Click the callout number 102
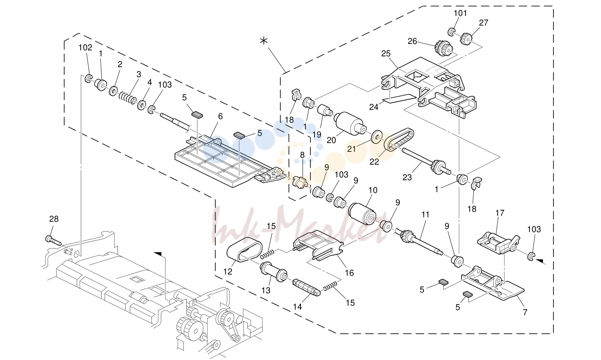click(86, 48)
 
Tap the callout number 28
click(54, 219)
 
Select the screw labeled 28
click(54, 240)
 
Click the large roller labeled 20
click(350, 124)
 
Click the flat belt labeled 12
click(245, 249)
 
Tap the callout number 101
click(460, 13)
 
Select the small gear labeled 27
click(467, 39)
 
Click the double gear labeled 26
click(443, 48)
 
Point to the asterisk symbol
click(264, 41)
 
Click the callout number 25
click(386, 54)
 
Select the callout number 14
click(298, 306)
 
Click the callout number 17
click(500, 213)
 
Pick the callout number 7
click(525, 312)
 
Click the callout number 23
click(407, 177)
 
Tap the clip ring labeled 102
click(88, 79)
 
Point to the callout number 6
click(220, 116)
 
